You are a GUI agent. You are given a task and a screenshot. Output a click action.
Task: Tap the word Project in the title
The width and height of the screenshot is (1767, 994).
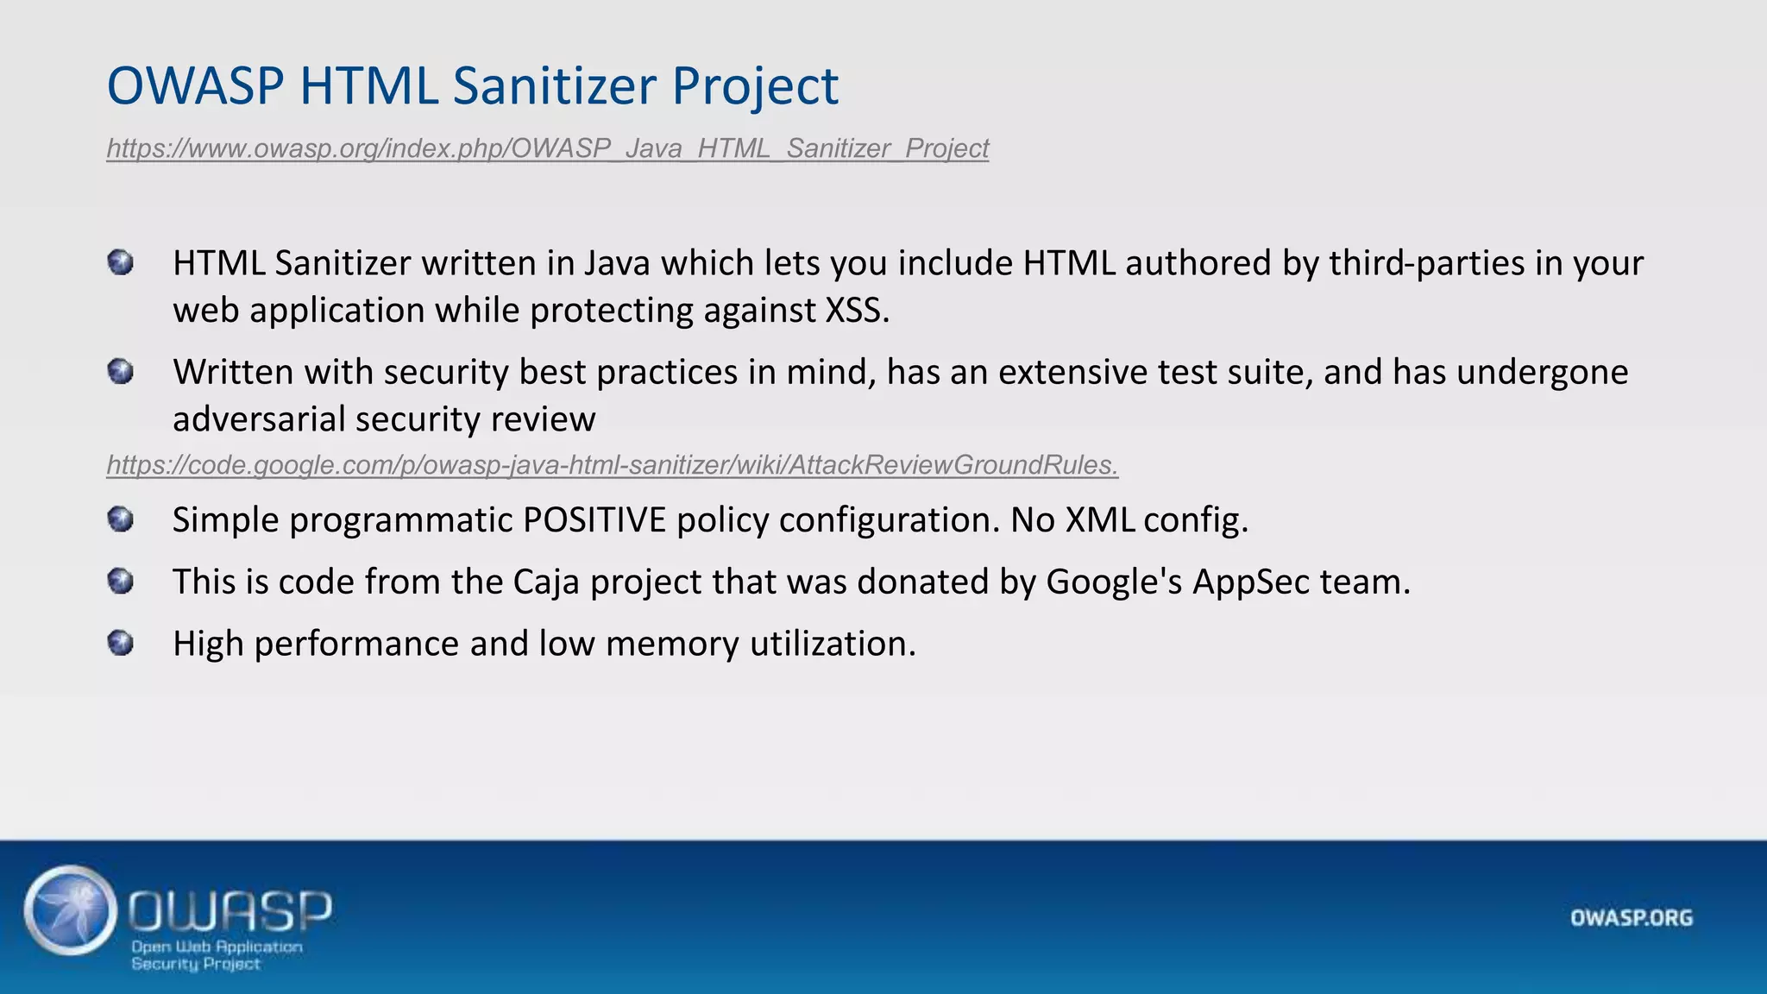[x=754, y=87]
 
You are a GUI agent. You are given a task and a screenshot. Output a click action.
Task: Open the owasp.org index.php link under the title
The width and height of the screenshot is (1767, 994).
[x=547, y=148]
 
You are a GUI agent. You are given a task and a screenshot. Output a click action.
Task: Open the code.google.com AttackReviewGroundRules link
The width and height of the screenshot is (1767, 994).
[x=612, y=465]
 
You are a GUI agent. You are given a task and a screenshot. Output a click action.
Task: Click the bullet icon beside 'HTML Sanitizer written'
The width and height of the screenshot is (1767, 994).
[x=121, y=262]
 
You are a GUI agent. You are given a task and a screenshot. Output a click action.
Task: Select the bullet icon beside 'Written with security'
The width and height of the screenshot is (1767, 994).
[x=121, y=372]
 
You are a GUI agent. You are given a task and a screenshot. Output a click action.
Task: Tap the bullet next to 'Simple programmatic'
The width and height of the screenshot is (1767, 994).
[x=121, y=519]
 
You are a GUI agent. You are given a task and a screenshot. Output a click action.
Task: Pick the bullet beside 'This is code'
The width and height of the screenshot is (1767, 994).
[x=121, y=582]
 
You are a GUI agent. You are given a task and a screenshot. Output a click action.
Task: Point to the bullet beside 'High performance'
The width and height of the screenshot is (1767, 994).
[x=121, y=644]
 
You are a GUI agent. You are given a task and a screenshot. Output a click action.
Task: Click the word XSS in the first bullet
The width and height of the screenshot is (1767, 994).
[x=856, y=310]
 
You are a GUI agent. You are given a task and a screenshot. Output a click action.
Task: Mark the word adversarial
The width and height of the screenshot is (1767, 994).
[x=259, y=419]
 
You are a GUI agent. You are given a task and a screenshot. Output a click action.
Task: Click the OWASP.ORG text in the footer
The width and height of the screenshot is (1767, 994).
[x=1632, y=918]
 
